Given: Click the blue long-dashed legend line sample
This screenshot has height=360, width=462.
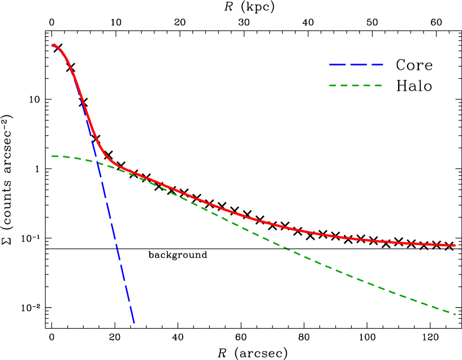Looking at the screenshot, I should point(356,65).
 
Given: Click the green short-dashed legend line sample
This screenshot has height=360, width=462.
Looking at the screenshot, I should point(355,85).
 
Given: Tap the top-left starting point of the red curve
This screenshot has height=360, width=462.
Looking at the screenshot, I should point(53,45).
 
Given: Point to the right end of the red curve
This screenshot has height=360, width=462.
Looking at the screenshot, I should point(455,245).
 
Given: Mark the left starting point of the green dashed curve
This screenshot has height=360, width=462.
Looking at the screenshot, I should point(53,156).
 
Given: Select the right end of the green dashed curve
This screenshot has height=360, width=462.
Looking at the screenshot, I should point(455,314).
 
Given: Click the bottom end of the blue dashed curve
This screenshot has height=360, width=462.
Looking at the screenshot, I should point(136,327).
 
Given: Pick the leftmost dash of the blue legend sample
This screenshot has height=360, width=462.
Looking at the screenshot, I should point(338,65).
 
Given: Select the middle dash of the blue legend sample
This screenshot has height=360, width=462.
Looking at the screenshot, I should point(359,65).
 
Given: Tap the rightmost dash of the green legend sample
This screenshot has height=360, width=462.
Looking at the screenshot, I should point(378,85).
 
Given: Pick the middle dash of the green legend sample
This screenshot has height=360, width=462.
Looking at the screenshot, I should point(356,85).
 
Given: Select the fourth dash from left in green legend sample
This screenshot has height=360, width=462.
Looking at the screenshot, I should point(366,85).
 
